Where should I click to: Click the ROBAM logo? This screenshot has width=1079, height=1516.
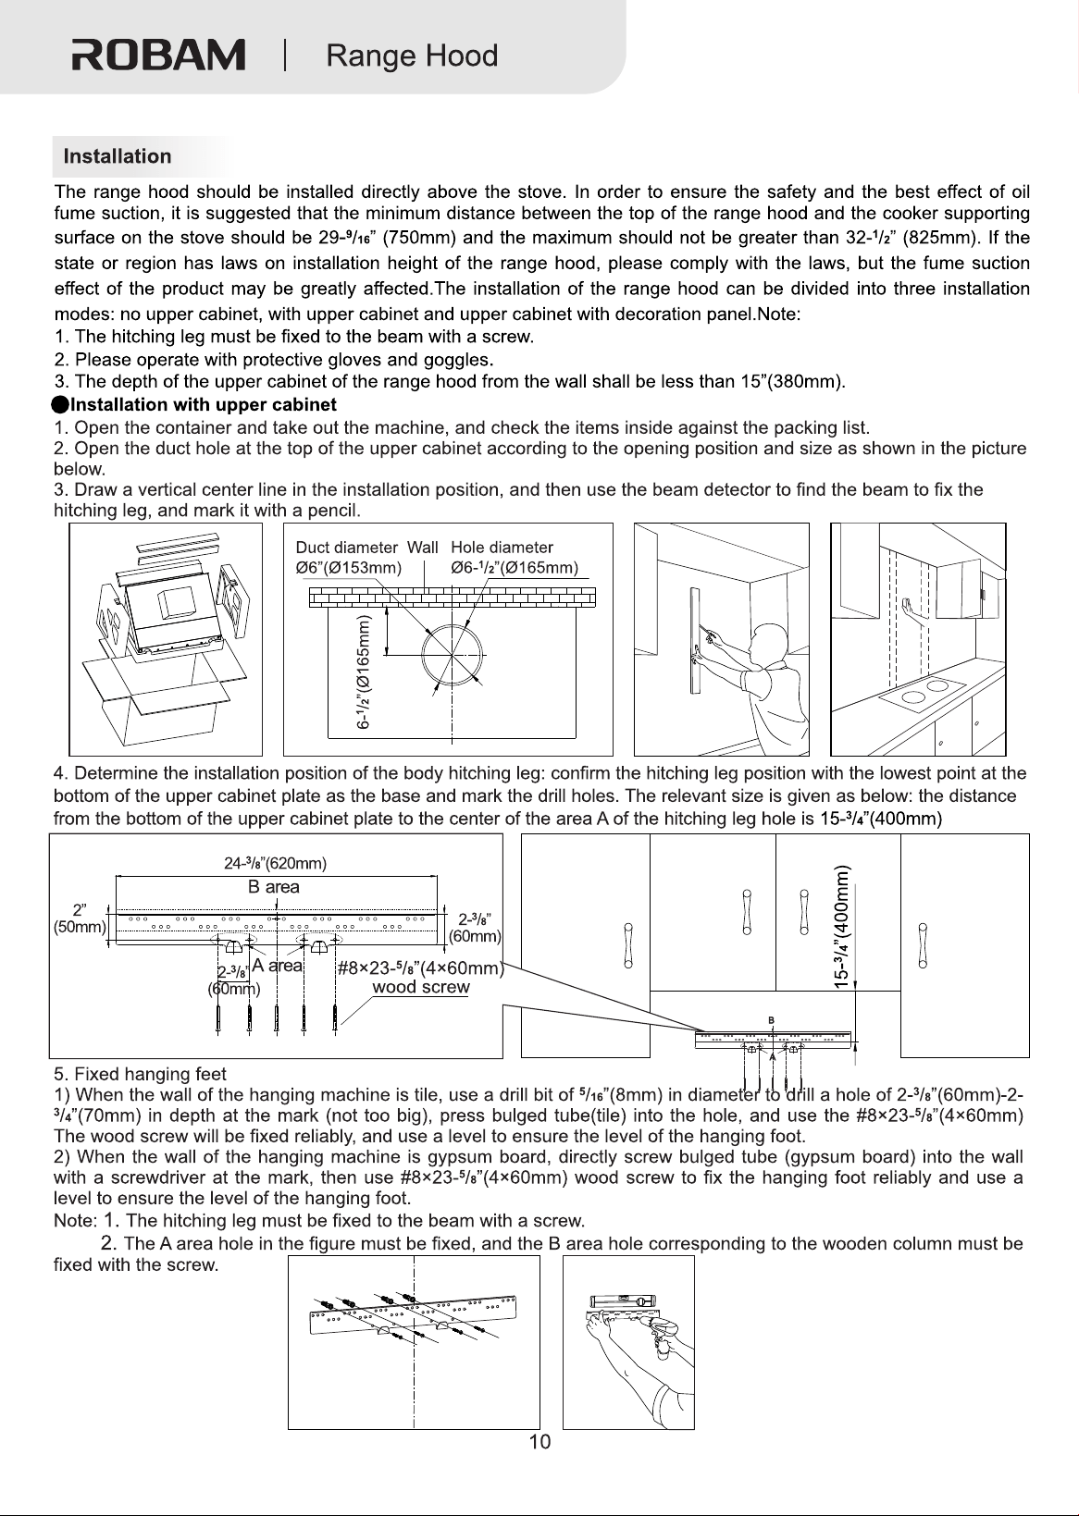(158, 55)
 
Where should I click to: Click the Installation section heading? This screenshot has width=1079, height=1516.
(118, 156)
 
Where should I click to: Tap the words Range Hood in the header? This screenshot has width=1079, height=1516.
(412, 55)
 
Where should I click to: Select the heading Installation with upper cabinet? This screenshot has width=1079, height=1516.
(203, 405)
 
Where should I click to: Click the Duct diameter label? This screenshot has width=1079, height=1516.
(347, 547)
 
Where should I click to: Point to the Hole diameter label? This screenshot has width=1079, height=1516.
(502, 547)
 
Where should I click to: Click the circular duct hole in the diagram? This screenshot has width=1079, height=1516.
(453, 655)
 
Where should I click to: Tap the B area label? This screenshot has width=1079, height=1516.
(274, 887)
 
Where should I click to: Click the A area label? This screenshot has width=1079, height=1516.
(277, 966)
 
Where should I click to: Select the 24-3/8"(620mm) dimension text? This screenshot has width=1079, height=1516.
(276, 864)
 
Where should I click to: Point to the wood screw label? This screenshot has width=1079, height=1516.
(420, 987)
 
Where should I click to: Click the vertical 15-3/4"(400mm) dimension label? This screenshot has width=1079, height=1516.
(841, 927)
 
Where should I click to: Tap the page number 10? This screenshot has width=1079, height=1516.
(539, 1442)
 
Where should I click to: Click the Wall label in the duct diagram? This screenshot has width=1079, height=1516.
(422, 547)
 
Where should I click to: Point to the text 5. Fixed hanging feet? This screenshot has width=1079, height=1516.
(140, 1074)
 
